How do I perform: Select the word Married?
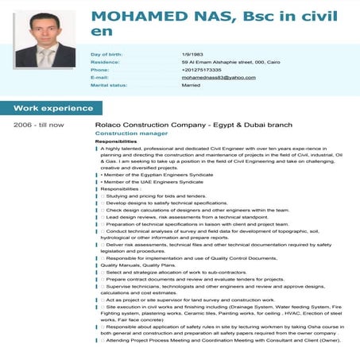[191, 85]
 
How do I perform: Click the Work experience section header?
[52, 107]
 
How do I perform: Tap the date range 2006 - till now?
[39, 125]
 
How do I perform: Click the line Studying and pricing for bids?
[155, 195]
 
